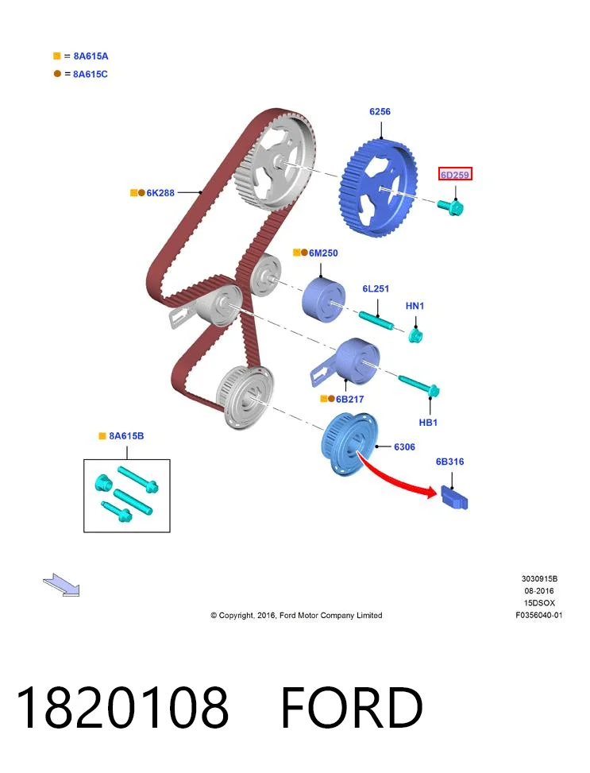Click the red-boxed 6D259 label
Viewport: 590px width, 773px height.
(455, 174)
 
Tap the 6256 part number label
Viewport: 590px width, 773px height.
(380, 111)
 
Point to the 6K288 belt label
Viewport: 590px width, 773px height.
(160, 193)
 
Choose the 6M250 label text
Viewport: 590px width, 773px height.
(323, 253)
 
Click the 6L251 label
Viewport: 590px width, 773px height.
(376, 288)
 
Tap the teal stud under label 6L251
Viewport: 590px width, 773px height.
(376, 320)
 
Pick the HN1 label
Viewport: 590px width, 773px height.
(415, 306)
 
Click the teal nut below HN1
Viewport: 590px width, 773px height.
(415, 336)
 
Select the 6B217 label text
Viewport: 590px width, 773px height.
(349, 399)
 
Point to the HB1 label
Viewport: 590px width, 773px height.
(428, 423)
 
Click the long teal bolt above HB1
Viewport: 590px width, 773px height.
(419, 385)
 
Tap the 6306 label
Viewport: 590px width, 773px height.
(404, 446)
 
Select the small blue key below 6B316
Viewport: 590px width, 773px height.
(453, 497)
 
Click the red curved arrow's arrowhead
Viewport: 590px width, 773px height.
(431, 492)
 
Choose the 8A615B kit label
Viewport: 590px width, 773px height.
(126, 436)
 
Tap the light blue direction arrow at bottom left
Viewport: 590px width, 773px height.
(62, 585)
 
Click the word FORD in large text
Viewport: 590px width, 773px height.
(352, 707)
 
